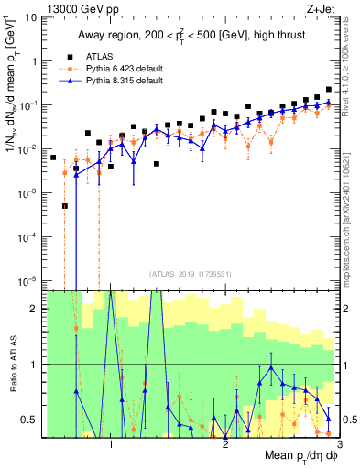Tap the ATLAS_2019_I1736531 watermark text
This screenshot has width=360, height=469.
pyautogui.click(x=191, y=273)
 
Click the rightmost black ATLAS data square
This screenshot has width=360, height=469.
pyautogui.click(x=329, y=90)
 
